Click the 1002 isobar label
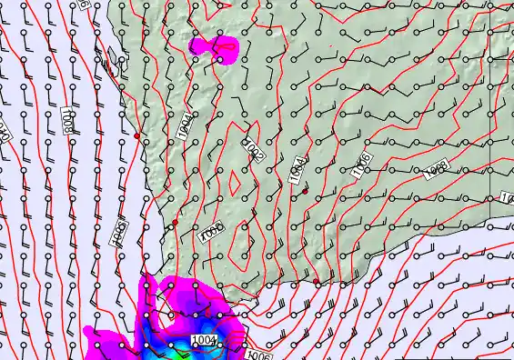[253, 150]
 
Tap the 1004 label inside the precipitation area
[205, 340]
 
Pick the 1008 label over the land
[437, 169]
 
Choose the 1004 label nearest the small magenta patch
[185, 125]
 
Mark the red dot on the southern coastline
[317, 283]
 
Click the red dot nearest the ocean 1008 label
[136, 135]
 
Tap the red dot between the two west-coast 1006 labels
[176, 222]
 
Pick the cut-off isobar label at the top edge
[84, 4]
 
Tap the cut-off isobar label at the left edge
[3, 134]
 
